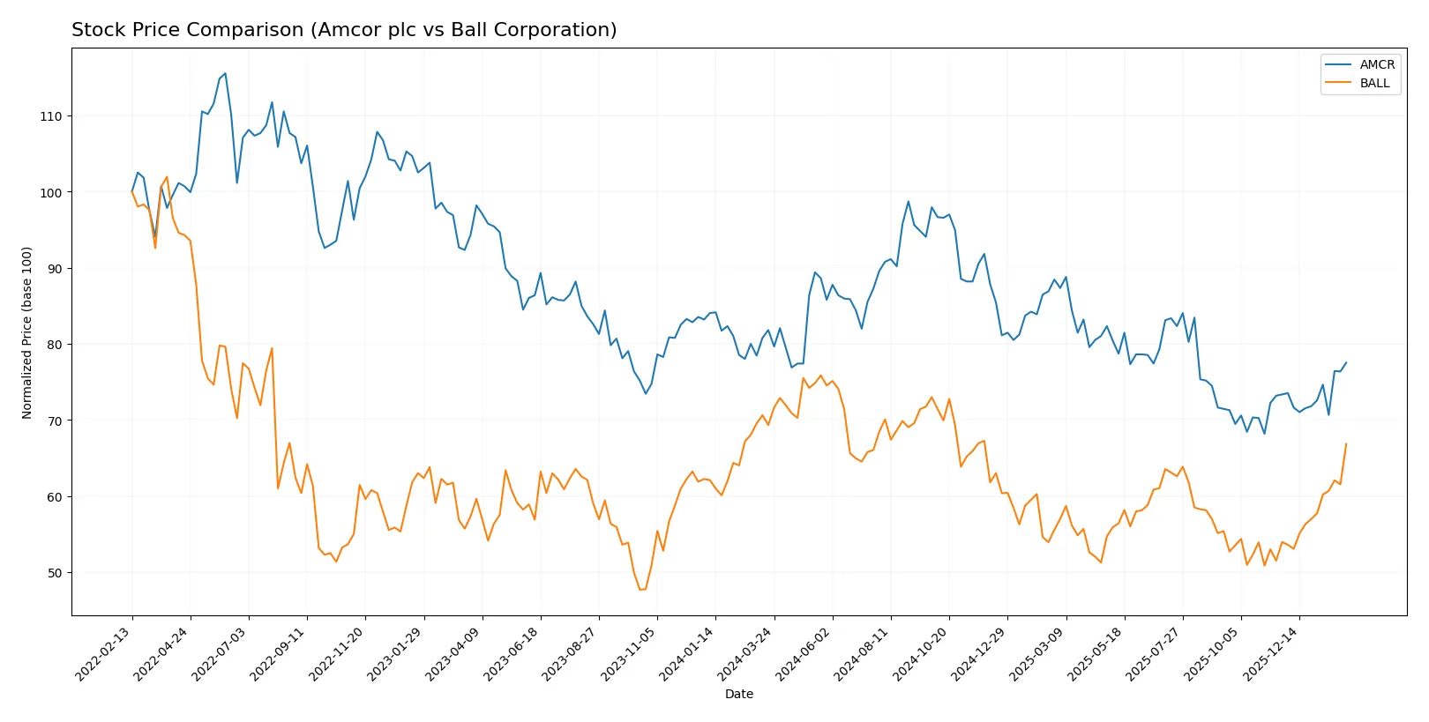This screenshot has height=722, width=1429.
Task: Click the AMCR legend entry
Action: [1376, 64]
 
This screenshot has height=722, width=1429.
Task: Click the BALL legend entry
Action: [1374, 83]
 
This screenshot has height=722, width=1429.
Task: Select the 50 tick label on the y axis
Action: [54, 573]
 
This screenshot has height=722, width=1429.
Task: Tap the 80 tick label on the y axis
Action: [54, 345]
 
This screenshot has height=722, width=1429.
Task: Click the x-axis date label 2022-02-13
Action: [104, 654]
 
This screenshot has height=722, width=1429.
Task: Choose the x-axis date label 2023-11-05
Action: [630, 654]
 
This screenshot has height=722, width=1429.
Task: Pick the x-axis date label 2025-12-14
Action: [1271, 654]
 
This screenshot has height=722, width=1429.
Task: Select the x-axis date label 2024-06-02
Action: [804, 654]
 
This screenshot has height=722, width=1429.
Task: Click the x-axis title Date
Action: [738, 694]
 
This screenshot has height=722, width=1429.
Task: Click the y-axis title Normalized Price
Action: [27, 332]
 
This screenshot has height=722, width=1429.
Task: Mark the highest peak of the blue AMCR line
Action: [225, 73]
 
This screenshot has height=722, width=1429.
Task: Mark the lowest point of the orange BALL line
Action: [641, 590]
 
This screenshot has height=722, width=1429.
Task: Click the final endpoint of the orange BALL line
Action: [1346, 443]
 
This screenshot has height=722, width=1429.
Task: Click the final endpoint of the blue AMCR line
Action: [1346, 362]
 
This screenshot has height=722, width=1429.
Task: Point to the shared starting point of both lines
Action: [132, 192]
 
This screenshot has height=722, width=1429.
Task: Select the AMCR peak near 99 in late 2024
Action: [908, 201]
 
